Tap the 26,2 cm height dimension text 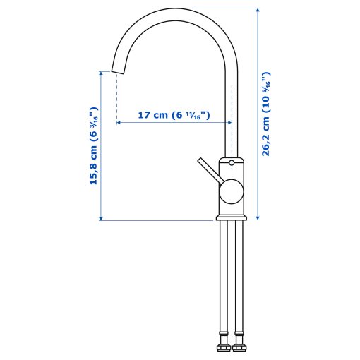coord(266,112)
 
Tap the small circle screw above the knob coord(232,163)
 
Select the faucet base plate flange coord(231,215)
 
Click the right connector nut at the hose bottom coord(239,347)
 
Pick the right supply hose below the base coord(239,282)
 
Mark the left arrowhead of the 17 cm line coord(119,122)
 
